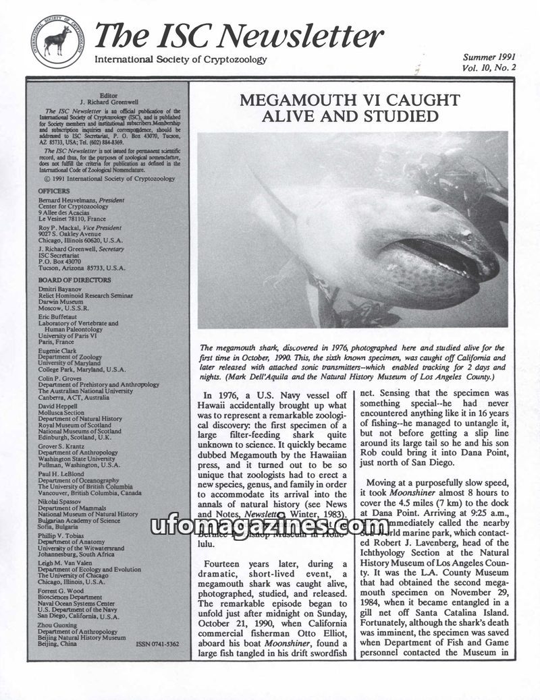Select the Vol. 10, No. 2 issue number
pyautogui.click(x=489, y=67)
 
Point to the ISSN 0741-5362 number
pyautogui.click(x=157, y=644)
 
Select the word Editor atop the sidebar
pyautogui.click(x=108, y=96)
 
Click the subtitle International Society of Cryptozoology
pyautogui.click(x=180, y=60)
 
